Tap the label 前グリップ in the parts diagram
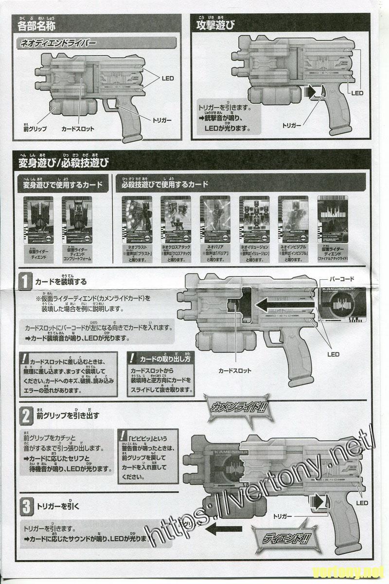point(35,129)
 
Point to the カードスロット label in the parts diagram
point(78,129)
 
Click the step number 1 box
point(25,281)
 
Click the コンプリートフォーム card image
point(77,219)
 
